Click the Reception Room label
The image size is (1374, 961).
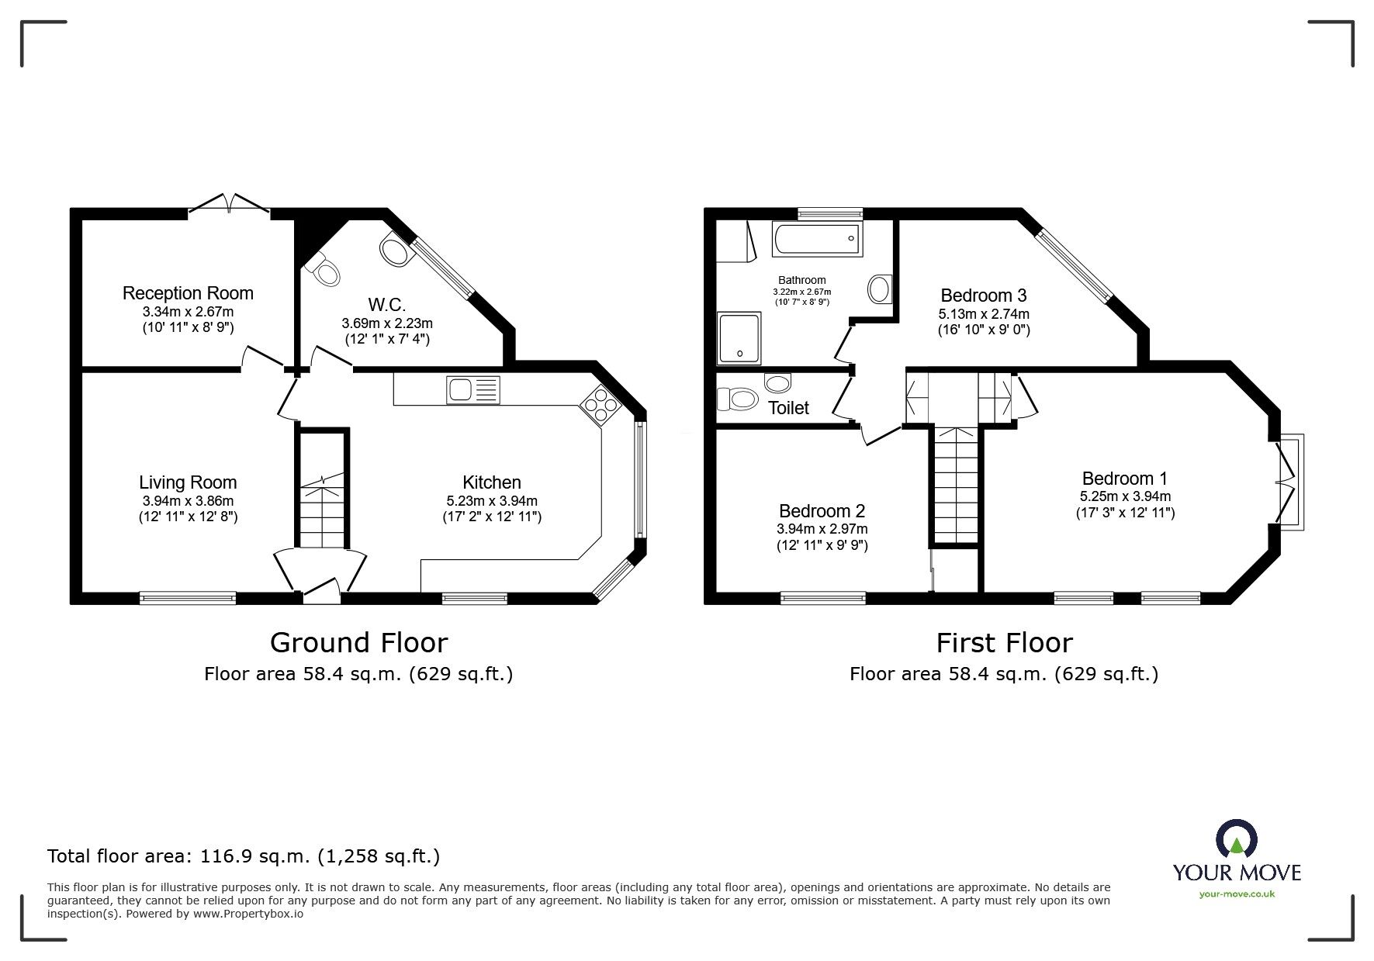pyautogui.click(x=188, y=293)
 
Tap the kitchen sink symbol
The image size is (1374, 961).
pyautogui.click(x=472, y=389)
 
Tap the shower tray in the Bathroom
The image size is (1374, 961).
pyautogui.click(x=739, y=339)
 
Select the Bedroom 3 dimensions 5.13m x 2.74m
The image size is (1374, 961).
pyautogui.click(x=983, y=314)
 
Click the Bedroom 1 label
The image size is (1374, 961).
pyautogui.click(x=1124, y=479)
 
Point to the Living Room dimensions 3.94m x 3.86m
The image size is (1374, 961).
pyautogui.click(x=188, y=501)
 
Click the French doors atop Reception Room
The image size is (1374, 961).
pyautogui.click(x=229, y=204)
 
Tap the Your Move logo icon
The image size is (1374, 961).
pyautogui.click(x=1236, y=840)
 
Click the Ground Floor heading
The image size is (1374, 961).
pyautogui.click(x=358, y=643)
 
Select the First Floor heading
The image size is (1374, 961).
pyautogui.click(x=1004, y=643)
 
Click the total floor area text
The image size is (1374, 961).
pyautogui.click(x=244, y=856)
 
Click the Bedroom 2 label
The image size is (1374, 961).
pyautogui.click(x=822, y=511)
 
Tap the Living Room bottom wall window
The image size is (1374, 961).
pyautogui.click(x=188, y=597)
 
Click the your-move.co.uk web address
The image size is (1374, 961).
pyautogui.click(x=1236, y=894)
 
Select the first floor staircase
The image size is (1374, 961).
pyautogui.click(x=956, y=485)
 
